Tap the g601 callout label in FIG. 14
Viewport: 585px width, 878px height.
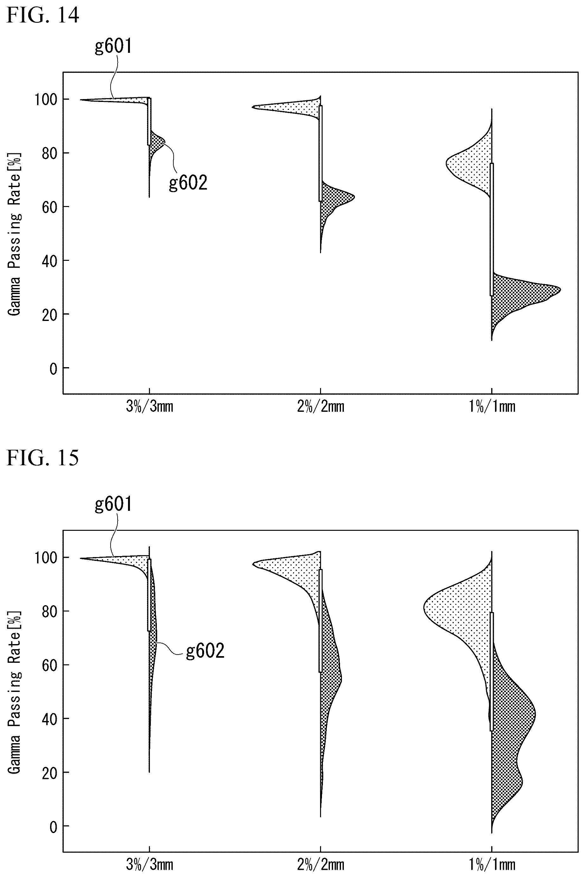(x=113, y=47)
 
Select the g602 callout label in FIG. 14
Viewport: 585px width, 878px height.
(x=188, y=183)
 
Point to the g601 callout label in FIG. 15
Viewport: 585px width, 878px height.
(x=113, y=504)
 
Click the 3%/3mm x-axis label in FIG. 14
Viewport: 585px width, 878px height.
(x=150, y=406)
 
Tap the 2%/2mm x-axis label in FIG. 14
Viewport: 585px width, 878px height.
(x=321, y=406)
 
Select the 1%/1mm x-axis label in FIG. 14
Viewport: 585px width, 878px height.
(x=492, y=406)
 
